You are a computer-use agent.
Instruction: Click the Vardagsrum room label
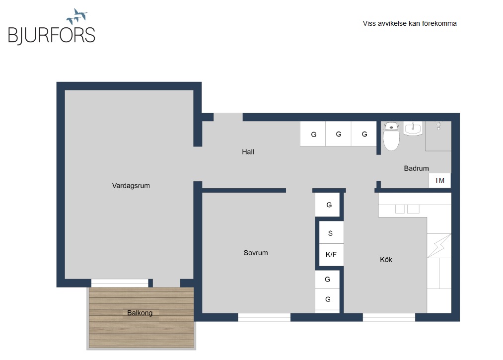point(131,186)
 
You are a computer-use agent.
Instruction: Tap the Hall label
point(248,152)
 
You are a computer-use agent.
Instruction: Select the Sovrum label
point(256,253)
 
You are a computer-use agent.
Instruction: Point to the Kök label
point(386,260)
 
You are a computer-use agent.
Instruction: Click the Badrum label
point(417,168)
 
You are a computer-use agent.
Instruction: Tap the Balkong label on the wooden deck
point(140,313)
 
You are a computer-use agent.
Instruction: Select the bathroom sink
point(413,129)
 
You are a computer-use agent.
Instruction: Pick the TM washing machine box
point(439,181)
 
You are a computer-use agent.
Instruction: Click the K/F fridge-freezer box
point(331,255)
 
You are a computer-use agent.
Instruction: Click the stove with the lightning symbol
point(439,246)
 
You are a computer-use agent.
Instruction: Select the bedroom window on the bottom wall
point(264,317)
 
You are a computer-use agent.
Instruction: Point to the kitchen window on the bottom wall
point(389,317)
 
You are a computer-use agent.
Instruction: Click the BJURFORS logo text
point(52,35)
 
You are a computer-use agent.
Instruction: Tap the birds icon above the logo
point(77,16)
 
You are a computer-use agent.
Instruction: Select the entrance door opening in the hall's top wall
point(228,117)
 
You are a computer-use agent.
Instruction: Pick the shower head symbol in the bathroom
point(438,126)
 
